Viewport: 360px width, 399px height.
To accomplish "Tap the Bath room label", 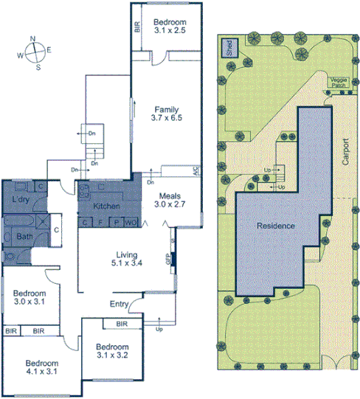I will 23,237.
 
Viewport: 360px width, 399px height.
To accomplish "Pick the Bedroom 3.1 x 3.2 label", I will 112,352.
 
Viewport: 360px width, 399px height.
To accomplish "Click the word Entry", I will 119,304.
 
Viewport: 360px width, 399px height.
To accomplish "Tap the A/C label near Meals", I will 196,170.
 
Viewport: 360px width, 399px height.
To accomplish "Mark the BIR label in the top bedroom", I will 137,27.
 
